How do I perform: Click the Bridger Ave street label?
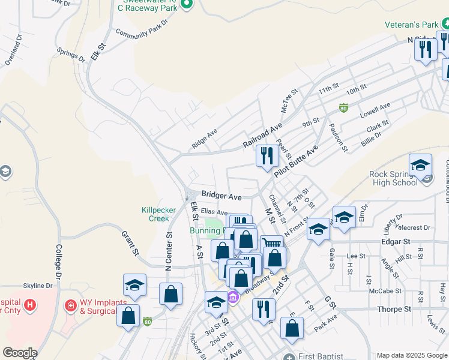(221, 196)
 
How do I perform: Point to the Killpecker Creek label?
(159, 214)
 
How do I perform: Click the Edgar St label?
(395, 241)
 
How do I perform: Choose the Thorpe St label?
(394, 309)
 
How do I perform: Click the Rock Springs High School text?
(394, 179)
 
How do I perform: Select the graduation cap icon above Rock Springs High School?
(420, 166)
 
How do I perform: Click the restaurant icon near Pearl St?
(267, 155)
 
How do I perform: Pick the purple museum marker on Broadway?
(233, 297)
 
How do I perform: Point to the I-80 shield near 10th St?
(343, 108)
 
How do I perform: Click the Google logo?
(20, 353)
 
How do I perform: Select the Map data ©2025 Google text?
(412, 355)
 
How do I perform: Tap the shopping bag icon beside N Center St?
(170, 294)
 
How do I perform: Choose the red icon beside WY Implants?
(71, 305)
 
